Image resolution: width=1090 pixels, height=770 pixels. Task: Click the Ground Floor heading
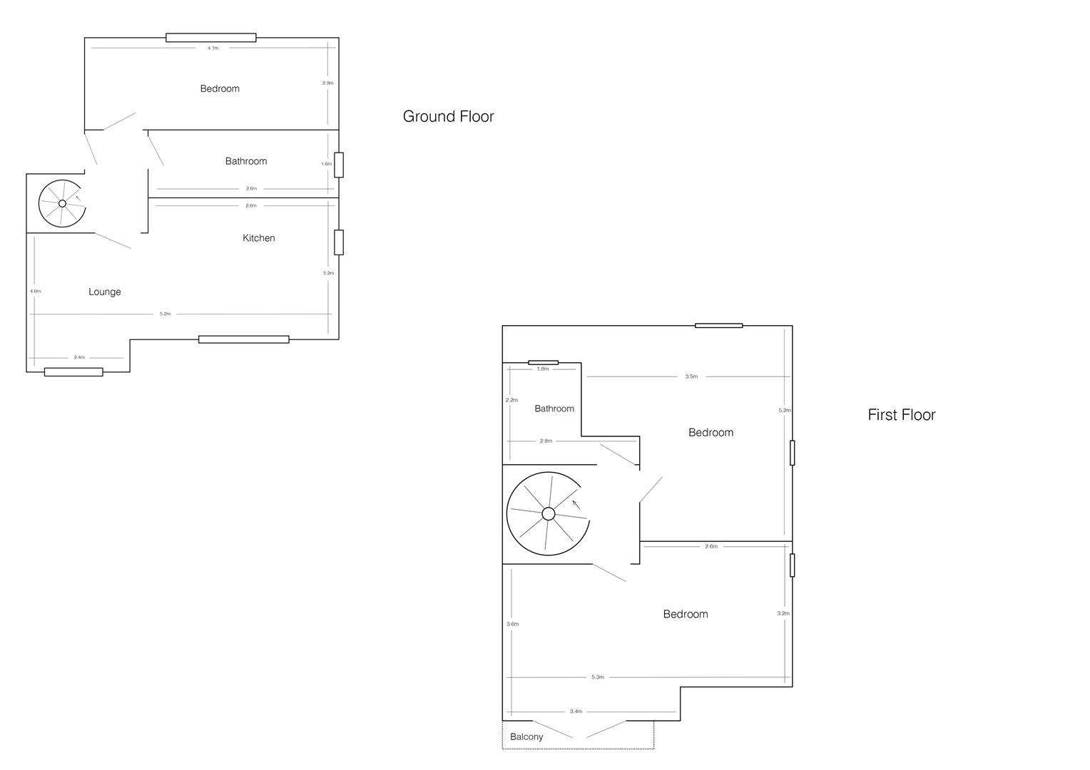tap(448, 116)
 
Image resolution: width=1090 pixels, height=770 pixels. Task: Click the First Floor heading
tap(901, 415)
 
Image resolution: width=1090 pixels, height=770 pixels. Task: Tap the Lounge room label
tap(105, 292)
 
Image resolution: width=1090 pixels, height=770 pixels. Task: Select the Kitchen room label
tap(258, 238)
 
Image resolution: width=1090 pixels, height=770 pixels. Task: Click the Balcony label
tap(526, 737)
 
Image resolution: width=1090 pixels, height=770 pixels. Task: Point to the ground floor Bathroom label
tap(246, 161)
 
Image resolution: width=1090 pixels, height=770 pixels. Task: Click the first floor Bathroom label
tap(554, 409)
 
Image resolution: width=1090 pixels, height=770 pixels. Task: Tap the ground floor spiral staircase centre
tap(62, 204)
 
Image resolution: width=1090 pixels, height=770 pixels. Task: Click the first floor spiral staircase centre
tap(548, 513)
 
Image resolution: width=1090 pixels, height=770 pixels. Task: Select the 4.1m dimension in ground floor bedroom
tap(213, 48)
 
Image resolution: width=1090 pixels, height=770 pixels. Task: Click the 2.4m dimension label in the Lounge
tap(79, 357)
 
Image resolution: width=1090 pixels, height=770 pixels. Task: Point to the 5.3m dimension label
tap(598, 677)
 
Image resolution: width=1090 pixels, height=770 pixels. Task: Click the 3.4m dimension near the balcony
tap(576, 712)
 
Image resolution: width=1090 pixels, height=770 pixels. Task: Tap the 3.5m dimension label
tap(691, 376)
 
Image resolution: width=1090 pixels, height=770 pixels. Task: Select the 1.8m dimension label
tap(543, 369)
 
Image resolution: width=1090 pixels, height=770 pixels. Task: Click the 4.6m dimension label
tap(36, 291)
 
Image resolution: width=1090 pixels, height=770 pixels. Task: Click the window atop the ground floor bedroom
tap(211, 38)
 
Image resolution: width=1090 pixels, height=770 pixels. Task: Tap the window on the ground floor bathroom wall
tap(339, 165)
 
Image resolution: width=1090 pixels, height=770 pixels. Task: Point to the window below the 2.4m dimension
tap(73, 372)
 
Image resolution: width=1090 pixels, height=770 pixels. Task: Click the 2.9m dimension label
tap(327, 83)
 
